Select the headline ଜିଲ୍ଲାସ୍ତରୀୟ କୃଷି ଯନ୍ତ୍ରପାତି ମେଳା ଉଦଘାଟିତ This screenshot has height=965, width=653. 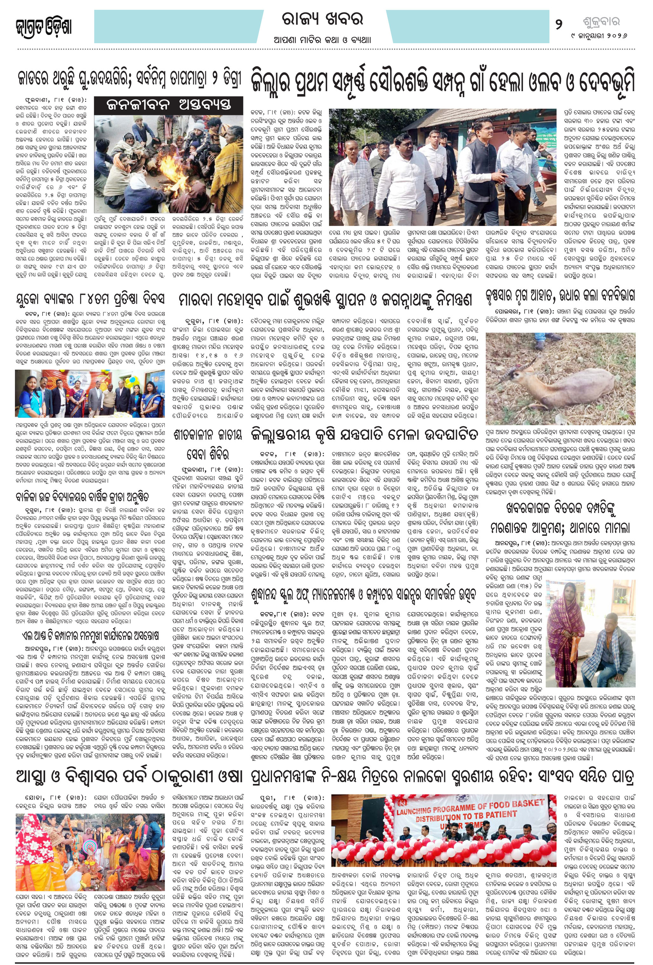click(364, 435)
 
